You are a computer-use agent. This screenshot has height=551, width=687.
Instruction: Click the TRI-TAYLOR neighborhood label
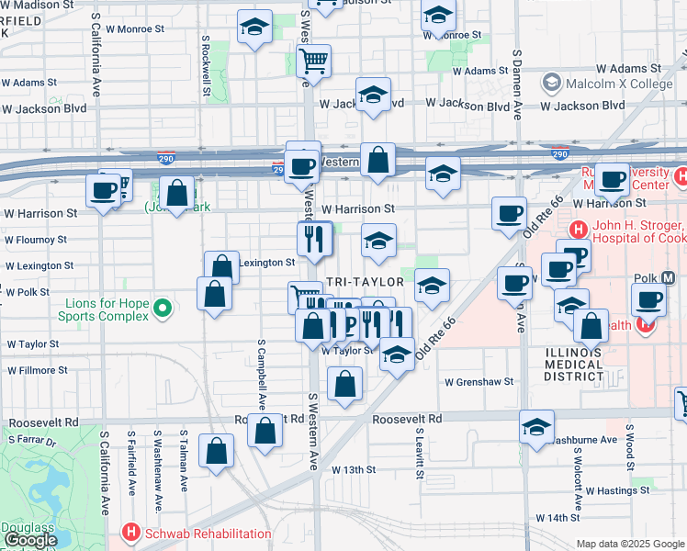coord(366,281)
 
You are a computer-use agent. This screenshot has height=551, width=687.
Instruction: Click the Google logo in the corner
coord(30,540)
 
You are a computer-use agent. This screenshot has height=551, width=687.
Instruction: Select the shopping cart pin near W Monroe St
coord(315,61)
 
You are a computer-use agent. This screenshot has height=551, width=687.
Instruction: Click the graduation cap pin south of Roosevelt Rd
coord(536,425)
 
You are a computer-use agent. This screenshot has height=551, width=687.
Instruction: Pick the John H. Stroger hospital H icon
coord(579,229)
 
